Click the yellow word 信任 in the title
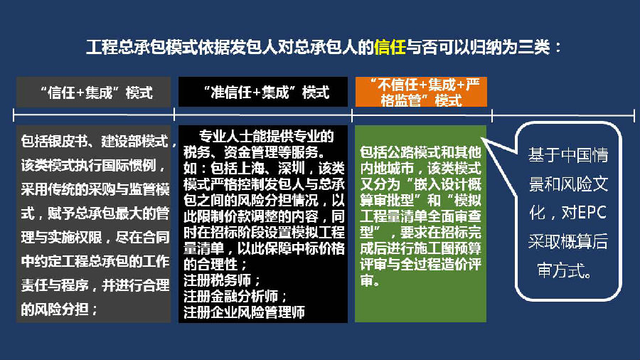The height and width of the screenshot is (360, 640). coord(390,48)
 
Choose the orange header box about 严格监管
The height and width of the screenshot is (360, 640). coord(421,92)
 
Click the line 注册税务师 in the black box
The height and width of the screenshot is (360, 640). coord(222,280)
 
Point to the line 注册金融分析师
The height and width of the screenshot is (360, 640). coord(235,297)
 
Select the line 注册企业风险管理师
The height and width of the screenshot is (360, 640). coord(244,312)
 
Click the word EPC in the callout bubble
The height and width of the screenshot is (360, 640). coord(591,212)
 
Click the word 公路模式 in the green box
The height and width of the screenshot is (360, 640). coord(407,152)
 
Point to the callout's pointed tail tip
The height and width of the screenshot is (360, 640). coord(482,139)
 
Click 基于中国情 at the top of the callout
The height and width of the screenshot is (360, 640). coord(568,155)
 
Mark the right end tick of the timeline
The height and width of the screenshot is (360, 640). coord(634,115)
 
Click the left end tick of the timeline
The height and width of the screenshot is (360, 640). coord(14,115)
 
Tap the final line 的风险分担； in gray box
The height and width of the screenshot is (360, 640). coord(60,309)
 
